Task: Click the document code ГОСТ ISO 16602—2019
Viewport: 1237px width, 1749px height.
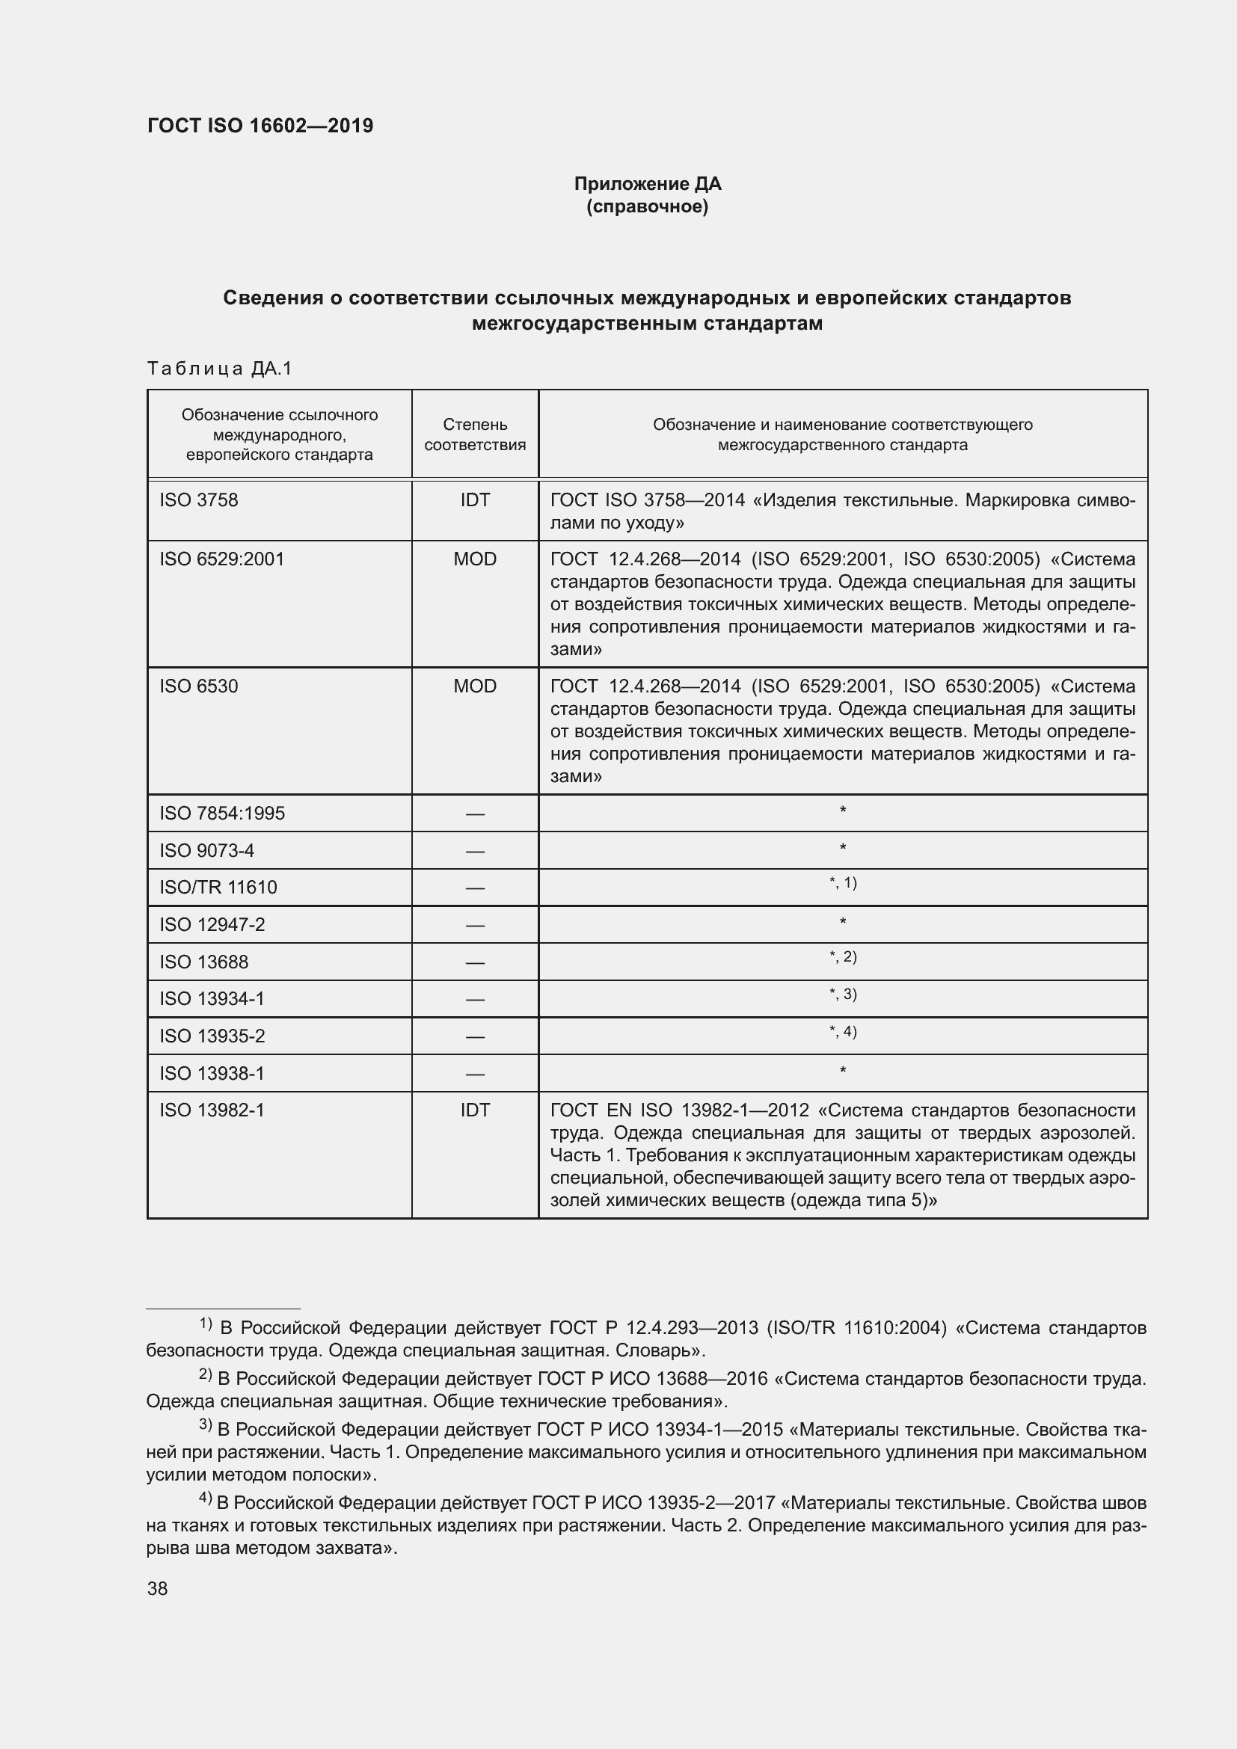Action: coord(260,126)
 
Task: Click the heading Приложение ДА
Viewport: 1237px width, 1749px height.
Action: coord(647,184)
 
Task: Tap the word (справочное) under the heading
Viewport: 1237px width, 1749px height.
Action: coord(647,206)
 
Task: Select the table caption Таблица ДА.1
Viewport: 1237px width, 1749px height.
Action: coord(219,369)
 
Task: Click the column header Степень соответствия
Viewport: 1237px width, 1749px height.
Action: coord(475,434)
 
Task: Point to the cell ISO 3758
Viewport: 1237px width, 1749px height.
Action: coord(199,500)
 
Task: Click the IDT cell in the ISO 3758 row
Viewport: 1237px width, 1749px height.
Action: coord(475,500)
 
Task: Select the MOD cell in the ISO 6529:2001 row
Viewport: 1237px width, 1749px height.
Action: coord(475,559)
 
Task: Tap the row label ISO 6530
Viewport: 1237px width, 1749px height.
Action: coord(199,686)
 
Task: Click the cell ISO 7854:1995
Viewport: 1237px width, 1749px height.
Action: coord(221,813)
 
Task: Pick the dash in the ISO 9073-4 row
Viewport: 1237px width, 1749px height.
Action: coord(475,851)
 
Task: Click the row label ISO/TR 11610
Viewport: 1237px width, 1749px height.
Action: coord(218,888)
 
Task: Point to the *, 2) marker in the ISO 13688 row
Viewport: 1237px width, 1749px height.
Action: coord(842,957)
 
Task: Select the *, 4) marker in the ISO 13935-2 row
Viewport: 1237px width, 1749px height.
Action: coord(842,1031)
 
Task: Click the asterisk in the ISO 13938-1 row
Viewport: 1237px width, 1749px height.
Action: coord(842,1071)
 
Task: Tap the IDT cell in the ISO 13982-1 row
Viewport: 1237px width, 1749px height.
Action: coord(475,1110)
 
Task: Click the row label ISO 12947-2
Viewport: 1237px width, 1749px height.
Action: coord(212,925)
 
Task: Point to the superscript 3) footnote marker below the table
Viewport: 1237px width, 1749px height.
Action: coord(206,1424)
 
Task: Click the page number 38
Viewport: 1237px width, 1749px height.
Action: coord(158,1589)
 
